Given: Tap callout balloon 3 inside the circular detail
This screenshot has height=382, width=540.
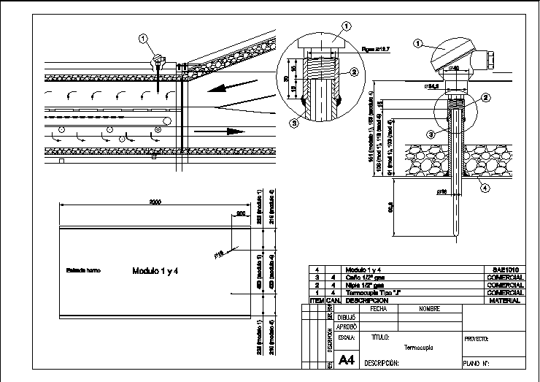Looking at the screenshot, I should pyautogui.click(x=293, y=123).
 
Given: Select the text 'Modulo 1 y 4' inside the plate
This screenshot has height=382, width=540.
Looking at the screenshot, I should pyautogui.click(x=155, y=271).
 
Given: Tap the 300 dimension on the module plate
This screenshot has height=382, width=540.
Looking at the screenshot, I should pyautogui.click(x=240, y=213).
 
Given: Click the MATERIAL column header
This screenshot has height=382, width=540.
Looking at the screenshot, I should pyautogui.click(x=506, y=300).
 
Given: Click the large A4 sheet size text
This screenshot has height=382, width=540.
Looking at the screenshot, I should pyautogui.click(x=347, y=359).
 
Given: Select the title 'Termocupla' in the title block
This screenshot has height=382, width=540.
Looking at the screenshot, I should pyautogui.click(x=419, y=347).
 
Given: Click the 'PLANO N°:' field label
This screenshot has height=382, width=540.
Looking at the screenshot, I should pyautogui.click(x=476, y=362).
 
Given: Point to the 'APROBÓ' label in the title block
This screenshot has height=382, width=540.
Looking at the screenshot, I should pyautogui.click(x=347, y=328).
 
